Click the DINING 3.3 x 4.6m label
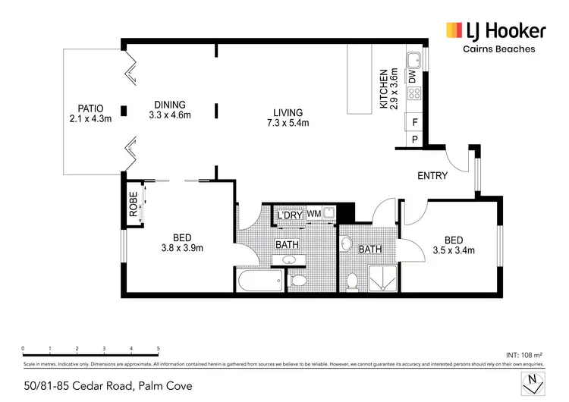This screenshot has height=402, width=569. (x=169, y=110)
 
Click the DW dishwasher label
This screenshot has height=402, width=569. (x=413, y=77)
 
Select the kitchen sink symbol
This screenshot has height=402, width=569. (x=415, y=61)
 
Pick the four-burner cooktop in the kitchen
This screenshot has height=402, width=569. (x=414, y=95)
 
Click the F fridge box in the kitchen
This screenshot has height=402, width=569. (x=415, y=122)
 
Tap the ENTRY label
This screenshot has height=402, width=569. (x=432, y=175)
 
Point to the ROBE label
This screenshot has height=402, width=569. (x=133, y=206)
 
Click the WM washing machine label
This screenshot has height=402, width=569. (x=313, y=215)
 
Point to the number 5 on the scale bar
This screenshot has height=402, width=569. (x=159, y=350)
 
